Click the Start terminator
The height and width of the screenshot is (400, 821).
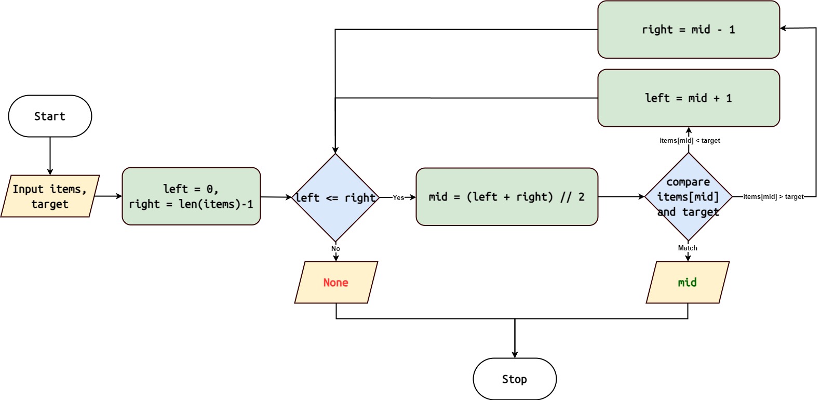point(50,116)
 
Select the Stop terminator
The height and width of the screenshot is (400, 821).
point(514,379)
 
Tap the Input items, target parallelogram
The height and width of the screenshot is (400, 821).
point(50,196)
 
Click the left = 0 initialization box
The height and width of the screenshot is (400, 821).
point(191,196)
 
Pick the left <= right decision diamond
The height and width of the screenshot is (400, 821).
point(335,198)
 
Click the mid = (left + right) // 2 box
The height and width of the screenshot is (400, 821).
point(506,197)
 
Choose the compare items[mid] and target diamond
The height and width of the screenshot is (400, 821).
point(688,197)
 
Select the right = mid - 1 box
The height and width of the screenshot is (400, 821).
point(688,30)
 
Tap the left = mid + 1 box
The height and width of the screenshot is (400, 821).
point(688,98)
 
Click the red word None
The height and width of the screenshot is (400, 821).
point(335,283)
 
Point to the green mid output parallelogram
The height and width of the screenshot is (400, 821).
point(687,283)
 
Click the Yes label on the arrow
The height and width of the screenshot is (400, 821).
point(398,197)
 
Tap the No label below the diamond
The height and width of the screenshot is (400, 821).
point(335,248)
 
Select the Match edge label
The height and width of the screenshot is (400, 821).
point(687,248)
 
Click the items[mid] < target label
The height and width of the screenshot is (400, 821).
point(690,140)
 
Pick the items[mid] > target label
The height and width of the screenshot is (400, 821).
point(773,196)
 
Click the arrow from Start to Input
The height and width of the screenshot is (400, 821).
point(50,156)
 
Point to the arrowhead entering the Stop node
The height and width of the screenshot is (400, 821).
point(515,355)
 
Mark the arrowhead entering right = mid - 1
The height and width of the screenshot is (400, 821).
point(784,29)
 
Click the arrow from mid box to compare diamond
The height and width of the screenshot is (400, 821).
point(621,197)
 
